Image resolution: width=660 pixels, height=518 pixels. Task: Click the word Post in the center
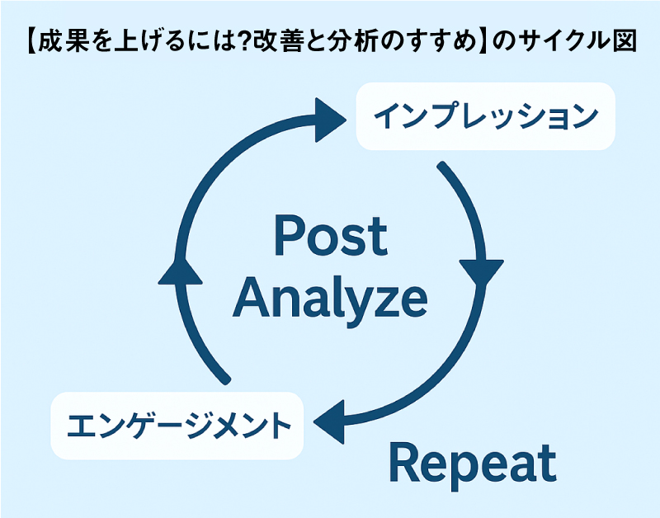[331, 235]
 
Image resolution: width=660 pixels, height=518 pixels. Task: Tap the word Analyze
[331, 299]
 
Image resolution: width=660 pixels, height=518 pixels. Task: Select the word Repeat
[473, 465]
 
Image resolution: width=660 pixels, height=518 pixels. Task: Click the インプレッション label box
[486, 116]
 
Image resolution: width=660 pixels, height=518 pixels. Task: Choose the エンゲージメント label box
[177, 426]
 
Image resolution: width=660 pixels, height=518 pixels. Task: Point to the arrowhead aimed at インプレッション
[329, 120]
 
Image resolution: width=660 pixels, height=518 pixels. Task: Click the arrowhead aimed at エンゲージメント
[329, 421]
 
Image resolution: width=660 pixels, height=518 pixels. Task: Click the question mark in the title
[243, 41]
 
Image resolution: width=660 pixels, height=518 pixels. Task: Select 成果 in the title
[64, 41]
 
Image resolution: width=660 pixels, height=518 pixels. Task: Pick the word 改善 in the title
[276, 41]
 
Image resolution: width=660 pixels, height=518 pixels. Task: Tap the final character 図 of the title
[625, 41]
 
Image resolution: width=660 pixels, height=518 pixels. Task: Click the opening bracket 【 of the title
[31, 41]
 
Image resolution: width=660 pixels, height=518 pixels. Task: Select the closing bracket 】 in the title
[483, 41]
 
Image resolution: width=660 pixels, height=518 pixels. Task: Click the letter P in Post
[289, 235]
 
